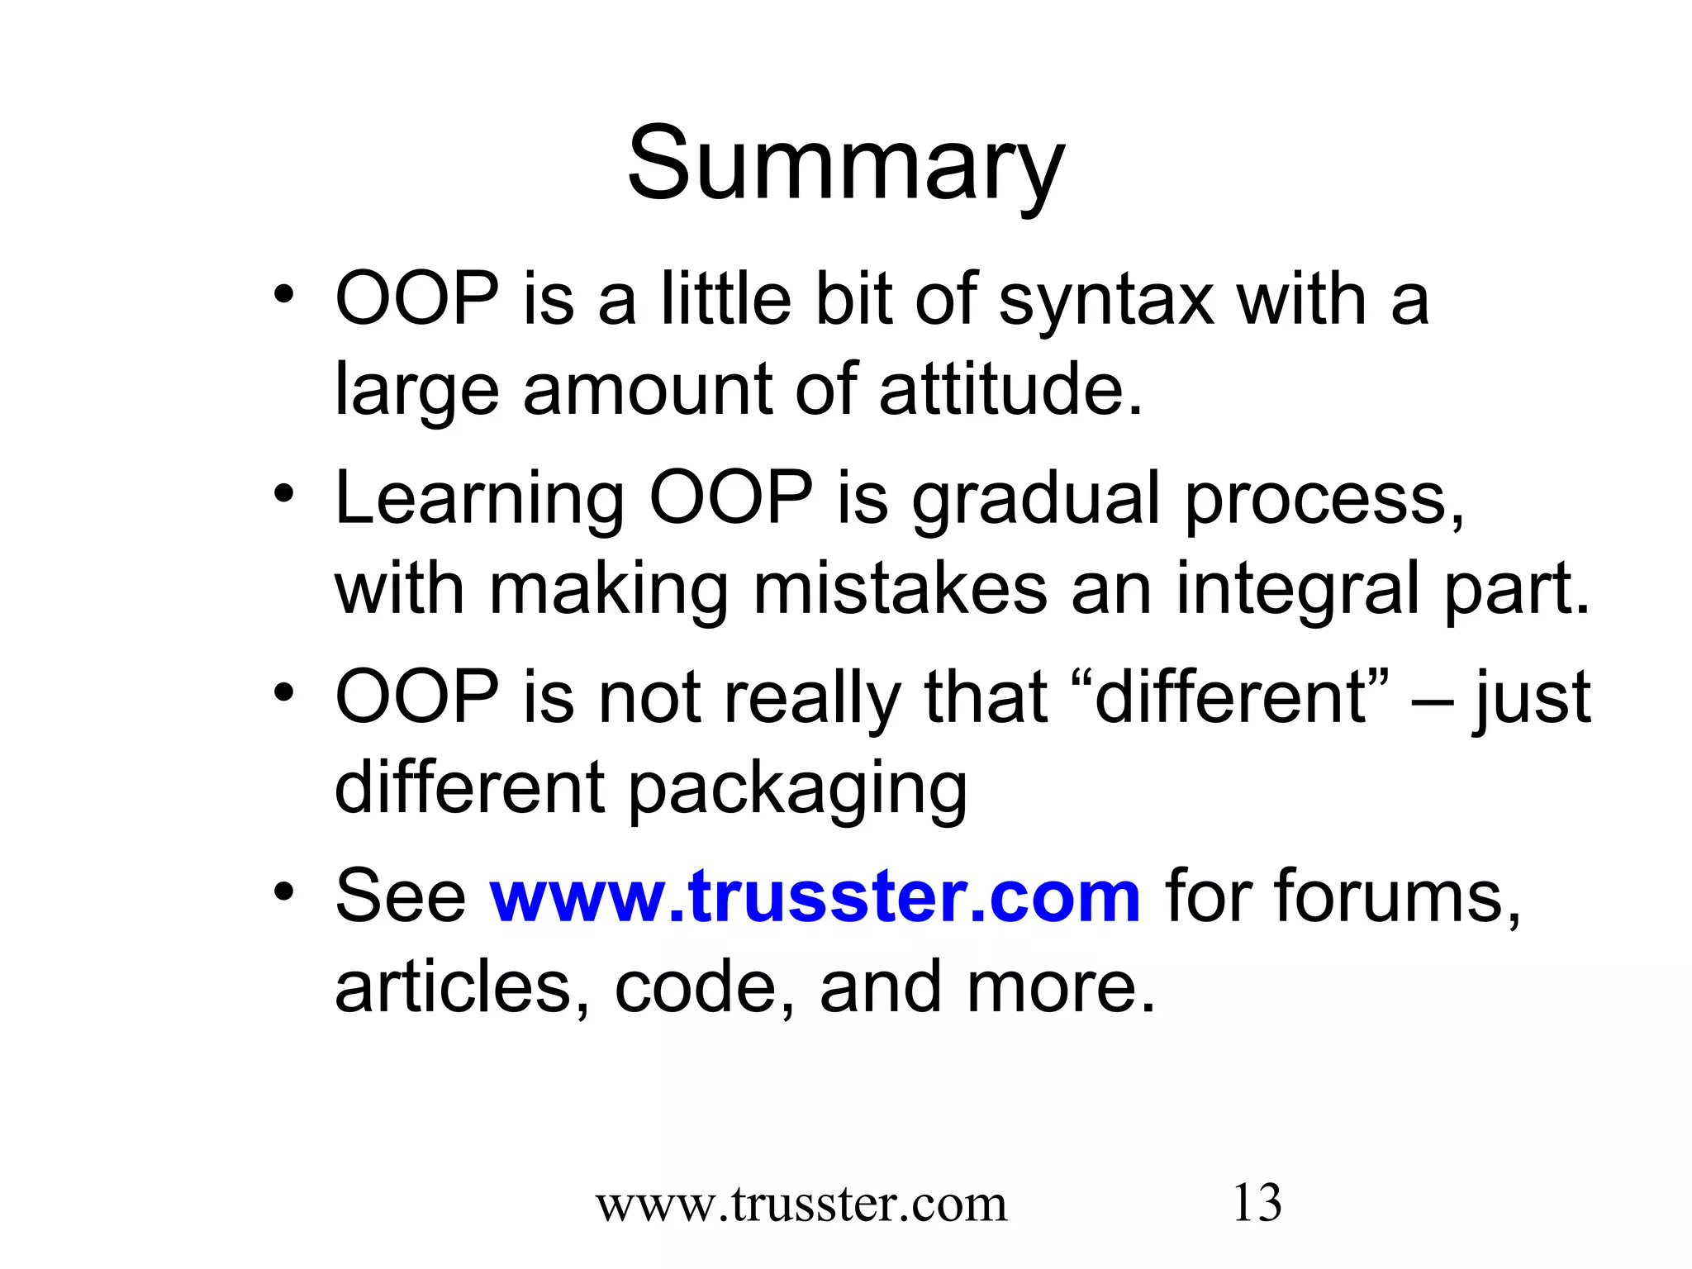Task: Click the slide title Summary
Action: coord(845,165)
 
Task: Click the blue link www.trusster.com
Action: coord(815,896)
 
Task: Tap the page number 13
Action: coord(1257,1203)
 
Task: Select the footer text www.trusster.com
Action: coord(801,1205)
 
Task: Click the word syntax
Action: coord(1105,301)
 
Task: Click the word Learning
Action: coord(479,499)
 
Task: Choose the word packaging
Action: coord(797,788)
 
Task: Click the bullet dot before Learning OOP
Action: coord(284,495)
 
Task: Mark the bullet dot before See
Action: coord(284,892)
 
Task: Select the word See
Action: coord(401,896)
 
